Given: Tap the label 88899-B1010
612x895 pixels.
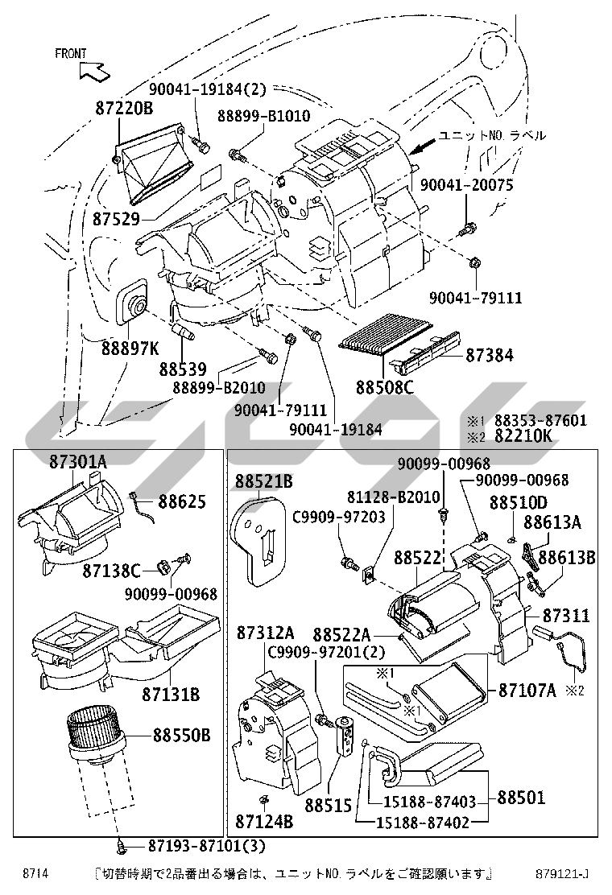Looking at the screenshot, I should [x=263, y=117].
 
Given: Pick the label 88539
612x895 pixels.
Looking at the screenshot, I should [x=184, y=369].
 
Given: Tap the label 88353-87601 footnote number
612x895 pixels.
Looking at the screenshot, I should [x=540, y=420].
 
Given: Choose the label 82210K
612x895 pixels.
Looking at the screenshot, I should [x=523, y=436].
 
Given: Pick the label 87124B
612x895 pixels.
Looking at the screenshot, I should [x=264, y=822].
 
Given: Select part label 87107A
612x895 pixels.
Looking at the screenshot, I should [x=527, y=690].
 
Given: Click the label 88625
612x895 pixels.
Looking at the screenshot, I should [x=182, y=502].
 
